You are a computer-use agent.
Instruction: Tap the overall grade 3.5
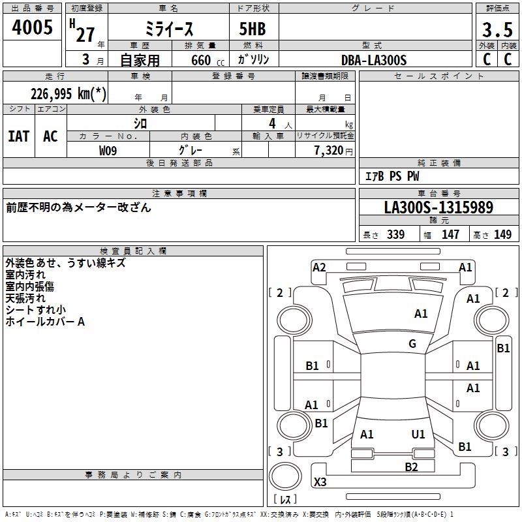pos(497,30)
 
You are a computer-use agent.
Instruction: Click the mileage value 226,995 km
pos(69,93)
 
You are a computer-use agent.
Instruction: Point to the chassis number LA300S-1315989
pos(438,208)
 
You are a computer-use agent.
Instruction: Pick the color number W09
pos(108,151)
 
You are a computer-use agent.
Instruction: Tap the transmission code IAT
pos(18,136)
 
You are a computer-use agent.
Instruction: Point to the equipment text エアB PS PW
pos(391,176)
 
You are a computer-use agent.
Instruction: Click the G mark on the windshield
pos(412,344)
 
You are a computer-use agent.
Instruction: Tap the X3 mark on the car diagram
pos(320,483)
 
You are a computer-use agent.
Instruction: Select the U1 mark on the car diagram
pos(418,434)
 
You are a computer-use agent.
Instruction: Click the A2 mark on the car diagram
pos(319,267)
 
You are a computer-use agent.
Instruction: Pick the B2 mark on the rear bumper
pos(411,467)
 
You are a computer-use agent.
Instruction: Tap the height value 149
pos(502,235)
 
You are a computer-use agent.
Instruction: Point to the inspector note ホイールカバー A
pos(46,322)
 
